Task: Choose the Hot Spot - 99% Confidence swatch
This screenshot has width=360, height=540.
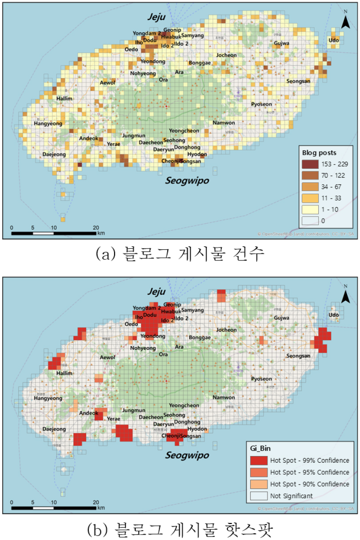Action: click(x=259, y=460)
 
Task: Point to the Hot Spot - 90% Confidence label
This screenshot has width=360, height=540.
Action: click(x=309, y=484)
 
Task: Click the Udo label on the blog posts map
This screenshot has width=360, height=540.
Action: click(x=334, y=40)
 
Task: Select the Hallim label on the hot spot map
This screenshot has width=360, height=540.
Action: click(x=64, y=373)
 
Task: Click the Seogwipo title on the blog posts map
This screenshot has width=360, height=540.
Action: click(x=187, y=181)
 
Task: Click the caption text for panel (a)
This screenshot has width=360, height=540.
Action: click(x=180, y=254)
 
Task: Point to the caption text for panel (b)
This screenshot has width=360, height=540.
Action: click(x=180, y=529)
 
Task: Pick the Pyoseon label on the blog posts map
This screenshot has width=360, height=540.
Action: click(x=261, y=104)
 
